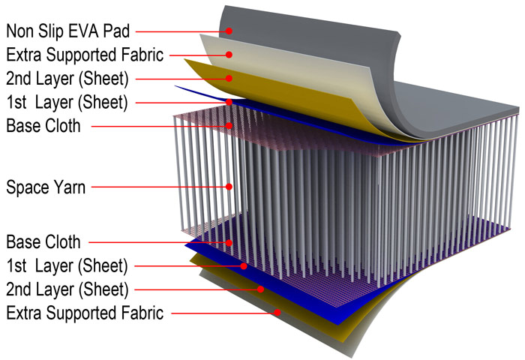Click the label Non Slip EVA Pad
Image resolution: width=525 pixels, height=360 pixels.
pos(68,31)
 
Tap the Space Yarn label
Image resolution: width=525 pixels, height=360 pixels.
pos(46,187)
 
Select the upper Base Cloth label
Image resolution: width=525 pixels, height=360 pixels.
pos(43,126)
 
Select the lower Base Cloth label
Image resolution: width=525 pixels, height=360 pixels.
pos(43,241)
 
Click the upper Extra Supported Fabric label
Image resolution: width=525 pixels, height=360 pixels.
pos(85,55)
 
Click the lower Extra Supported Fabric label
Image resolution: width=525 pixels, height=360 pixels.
pos(85,313)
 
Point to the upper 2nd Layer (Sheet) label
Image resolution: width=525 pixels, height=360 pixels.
pos(67,79)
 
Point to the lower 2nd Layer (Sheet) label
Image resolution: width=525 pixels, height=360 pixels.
pos(67,289)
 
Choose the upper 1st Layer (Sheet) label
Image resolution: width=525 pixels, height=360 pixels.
pos(67,102)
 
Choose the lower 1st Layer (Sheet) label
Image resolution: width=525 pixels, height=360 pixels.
pos(67,266)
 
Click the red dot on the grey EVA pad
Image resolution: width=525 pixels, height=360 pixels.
pos(229,31)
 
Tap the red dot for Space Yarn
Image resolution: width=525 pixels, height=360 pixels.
pos(229,187)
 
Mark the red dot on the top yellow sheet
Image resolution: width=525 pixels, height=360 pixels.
pos(229,78)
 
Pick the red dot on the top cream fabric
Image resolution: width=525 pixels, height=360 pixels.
pos(229,54)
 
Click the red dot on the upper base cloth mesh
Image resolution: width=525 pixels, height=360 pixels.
pos(229,125)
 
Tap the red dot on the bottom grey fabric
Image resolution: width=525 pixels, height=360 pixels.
pos(277,313)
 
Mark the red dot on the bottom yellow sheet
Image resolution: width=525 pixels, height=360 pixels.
pos(260,289)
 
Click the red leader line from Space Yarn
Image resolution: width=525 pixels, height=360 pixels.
pos(159,187)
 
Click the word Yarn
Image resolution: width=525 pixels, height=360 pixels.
pos(70,187)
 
